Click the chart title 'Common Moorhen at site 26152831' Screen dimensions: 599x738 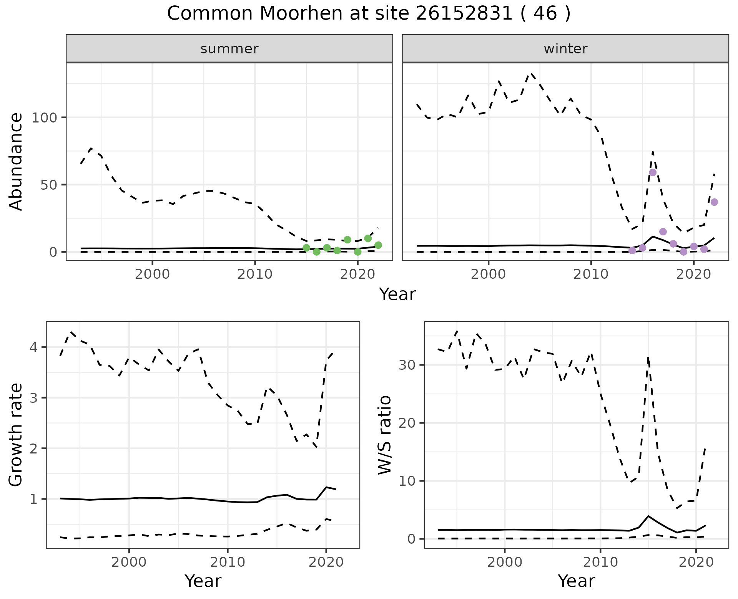tap(368, 14)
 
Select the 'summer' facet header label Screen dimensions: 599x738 tap(229, 49)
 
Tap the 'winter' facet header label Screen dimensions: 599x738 tap(565, 49)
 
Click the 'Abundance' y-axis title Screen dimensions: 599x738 tap(16, 162)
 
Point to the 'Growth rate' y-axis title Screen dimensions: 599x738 tap(16, 435)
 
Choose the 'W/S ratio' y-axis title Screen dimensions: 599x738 tap(385, 435)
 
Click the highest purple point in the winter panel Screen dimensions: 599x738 tap(653, 172)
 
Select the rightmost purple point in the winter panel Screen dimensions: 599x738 tap(714, 202)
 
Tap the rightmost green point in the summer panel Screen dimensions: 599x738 tap(378, 245)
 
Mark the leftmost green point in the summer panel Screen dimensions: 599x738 tap(306, 248)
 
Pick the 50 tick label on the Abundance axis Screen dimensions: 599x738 tap(48, 185)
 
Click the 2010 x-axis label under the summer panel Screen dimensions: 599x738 tap(255, 275)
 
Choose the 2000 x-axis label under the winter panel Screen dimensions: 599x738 tap(488, 275)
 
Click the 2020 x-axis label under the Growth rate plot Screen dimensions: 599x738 tap(326, 563)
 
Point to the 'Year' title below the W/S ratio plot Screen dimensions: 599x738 tap(576, 581)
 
